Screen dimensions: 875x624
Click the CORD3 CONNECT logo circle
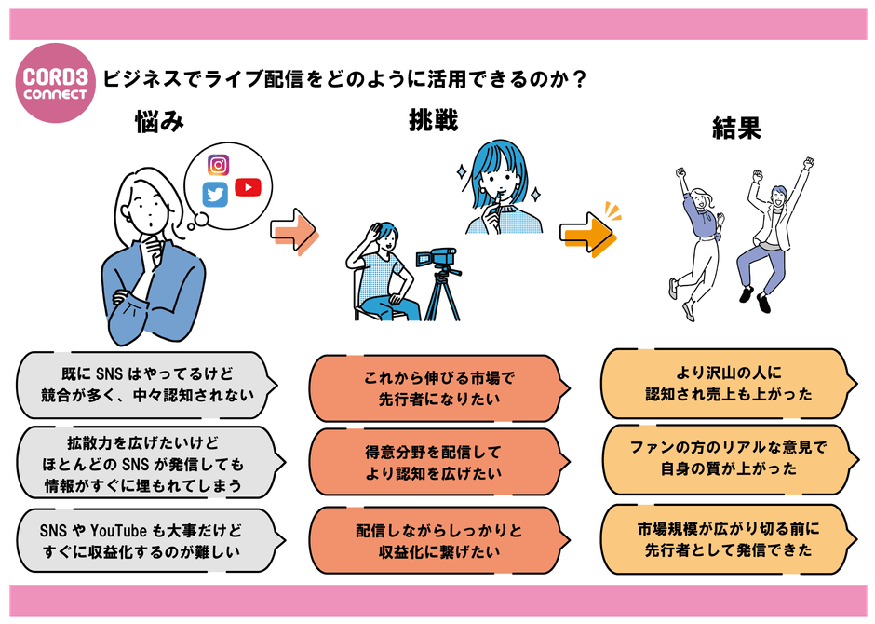(57, 82)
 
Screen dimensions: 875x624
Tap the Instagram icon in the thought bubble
(219, 166)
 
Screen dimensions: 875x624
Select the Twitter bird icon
(216, 194)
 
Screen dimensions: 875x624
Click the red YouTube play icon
(248, 187)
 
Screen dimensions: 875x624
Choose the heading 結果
(736, 128)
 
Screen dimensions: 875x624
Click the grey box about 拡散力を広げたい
(148, 462)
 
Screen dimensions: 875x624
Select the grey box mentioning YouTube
(148, 541)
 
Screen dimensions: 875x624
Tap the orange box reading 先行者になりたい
(437, 388)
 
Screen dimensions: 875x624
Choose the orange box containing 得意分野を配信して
(437, 463)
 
